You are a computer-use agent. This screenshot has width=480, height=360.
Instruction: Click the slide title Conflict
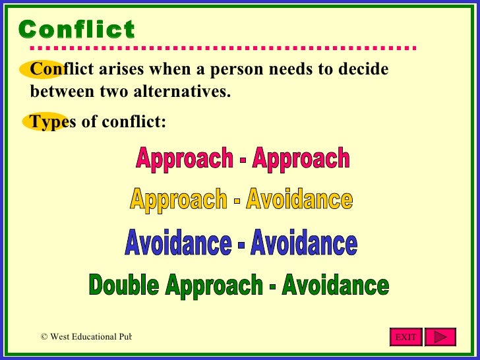76,30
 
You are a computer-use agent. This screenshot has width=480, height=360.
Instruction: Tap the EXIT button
405,337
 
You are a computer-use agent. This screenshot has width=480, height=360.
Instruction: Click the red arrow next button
440,337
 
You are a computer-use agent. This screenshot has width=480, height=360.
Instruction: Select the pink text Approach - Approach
243,158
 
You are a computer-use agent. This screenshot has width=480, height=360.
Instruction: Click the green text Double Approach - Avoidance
239,285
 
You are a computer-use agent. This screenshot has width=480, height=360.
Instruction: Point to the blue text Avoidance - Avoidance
241,244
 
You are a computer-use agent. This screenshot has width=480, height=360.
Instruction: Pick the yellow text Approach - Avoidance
241,199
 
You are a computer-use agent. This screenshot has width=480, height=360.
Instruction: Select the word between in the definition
61,91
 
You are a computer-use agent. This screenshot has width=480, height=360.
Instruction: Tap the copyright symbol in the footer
44,337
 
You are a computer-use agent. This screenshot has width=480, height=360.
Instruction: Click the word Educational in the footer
95,337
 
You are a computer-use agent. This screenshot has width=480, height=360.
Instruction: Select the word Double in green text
125,285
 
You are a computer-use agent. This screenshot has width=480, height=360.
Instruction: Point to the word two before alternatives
113,91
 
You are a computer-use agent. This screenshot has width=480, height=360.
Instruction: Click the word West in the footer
61,337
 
